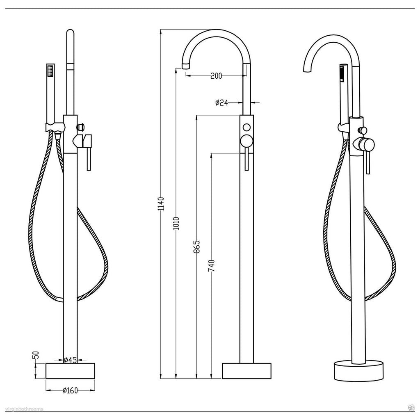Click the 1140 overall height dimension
click(x=161, y=204)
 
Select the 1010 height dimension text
click(x=176, y=224)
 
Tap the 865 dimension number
click(x=196, y=247)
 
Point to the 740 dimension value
click(x=212, y=265)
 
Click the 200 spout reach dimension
click(x=216, y=76)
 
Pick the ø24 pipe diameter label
click(x=221, y=102)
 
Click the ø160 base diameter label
click(x=70, y=390)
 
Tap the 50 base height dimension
click(x=37, y=355)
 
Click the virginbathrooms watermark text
click(x=24, y=409)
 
